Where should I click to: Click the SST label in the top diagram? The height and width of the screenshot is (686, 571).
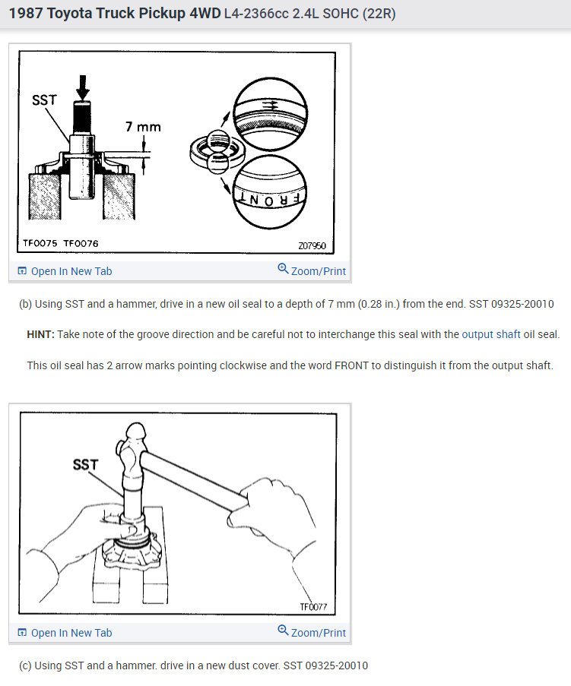pos(44,100)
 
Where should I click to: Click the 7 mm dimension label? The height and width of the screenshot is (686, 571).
pos(143,127)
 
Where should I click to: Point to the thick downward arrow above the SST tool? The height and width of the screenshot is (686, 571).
pos(82,87)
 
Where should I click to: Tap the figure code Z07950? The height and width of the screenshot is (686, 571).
pos(312,246)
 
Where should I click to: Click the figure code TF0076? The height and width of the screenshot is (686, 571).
pos(81,243)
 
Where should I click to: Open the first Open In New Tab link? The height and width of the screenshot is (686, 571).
pos(65,271)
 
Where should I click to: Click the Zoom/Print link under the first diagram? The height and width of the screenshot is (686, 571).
pos(312,270)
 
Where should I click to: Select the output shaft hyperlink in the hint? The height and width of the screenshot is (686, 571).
pos(491,335)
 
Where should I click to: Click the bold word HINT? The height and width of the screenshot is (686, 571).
pos(41,335)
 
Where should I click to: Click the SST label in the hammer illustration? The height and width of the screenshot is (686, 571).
pos(85,464)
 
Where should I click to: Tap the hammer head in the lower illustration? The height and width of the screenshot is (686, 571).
pos(133,450)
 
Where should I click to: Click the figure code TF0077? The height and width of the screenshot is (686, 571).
pos(313,607)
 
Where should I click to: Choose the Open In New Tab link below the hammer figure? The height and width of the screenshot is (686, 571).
pos(65,633)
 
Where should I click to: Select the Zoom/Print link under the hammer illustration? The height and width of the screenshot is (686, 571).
pos(312,632)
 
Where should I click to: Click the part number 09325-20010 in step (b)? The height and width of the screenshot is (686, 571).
pos(522,304)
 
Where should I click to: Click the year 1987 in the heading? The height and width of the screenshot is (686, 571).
pos(26,14)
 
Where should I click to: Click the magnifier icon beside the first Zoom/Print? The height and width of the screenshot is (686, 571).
pos(284,268)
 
